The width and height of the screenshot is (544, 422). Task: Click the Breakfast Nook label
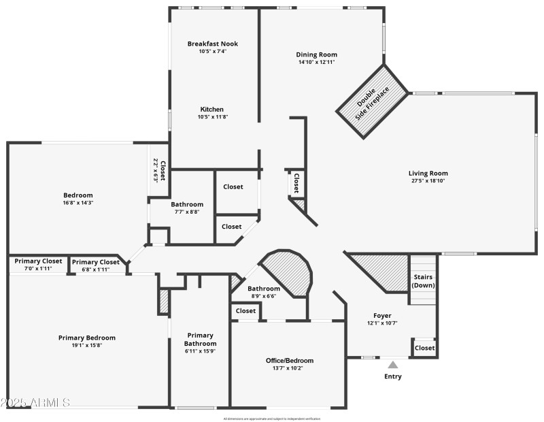[213, 44]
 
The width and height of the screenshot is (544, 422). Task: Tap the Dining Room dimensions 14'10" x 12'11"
[316, 62]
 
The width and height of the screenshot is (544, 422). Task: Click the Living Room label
[428, 173]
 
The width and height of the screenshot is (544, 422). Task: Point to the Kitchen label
[211, 109]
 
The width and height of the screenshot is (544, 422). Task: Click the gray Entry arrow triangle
[393, 365]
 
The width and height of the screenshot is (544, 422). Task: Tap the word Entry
[393, 376]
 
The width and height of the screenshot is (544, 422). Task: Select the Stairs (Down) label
[422, 281]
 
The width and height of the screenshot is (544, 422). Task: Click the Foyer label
[382, 315]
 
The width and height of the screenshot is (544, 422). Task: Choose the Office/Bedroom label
[290, 360]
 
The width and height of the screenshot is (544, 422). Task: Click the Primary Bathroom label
[201, 339]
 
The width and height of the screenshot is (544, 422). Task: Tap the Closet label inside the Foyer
[424, 348]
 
